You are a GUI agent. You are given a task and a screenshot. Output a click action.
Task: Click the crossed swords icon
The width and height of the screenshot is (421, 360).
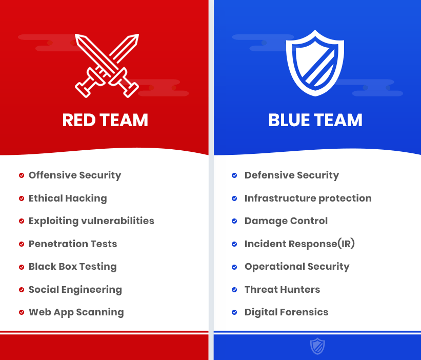coord(107,66)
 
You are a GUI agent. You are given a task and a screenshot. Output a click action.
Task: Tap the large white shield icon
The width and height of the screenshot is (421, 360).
coord(315,63)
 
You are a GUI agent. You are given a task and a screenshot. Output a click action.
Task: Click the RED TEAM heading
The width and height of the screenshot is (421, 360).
coord(105,120)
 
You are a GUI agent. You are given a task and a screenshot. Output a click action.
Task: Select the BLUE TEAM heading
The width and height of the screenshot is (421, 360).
coord(315,120)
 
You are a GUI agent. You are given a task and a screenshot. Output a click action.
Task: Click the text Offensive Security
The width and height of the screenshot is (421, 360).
coord(75,175)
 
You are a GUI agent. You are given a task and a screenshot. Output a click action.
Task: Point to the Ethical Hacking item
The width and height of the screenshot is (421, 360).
coord(68,198)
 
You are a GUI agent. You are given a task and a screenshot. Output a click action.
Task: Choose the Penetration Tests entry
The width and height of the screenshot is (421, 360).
coord(73,244)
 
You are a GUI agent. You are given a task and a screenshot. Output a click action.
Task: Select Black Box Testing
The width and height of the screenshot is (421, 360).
coord(73,267)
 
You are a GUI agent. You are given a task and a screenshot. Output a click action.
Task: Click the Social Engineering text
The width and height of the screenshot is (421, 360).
coord(75,290)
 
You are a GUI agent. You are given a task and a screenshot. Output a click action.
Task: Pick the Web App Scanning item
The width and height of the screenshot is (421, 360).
coord(76,312)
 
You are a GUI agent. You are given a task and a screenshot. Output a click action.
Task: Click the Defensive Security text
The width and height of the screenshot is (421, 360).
coord(292,175)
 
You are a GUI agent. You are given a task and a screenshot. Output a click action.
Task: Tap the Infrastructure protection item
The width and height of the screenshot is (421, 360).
coord(308,198)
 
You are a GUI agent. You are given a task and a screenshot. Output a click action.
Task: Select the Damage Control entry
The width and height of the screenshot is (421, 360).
coord(286,221)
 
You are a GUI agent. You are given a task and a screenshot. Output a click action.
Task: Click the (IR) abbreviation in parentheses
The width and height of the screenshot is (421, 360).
coord(346,244)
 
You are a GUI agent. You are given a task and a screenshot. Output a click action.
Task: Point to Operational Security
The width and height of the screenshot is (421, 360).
coord(297,267)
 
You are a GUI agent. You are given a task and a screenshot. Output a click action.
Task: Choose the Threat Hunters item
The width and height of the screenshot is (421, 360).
coord(282,289)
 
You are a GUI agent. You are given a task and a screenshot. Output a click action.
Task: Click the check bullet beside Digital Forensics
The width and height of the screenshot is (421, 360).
coord(234,312)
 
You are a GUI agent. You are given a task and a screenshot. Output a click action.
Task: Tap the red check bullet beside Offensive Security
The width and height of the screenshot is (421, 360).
coord(22,175)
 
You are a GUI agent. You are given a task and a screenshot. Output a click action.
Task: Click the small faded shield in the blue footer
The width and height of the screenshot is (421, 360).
coord(317,346)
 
